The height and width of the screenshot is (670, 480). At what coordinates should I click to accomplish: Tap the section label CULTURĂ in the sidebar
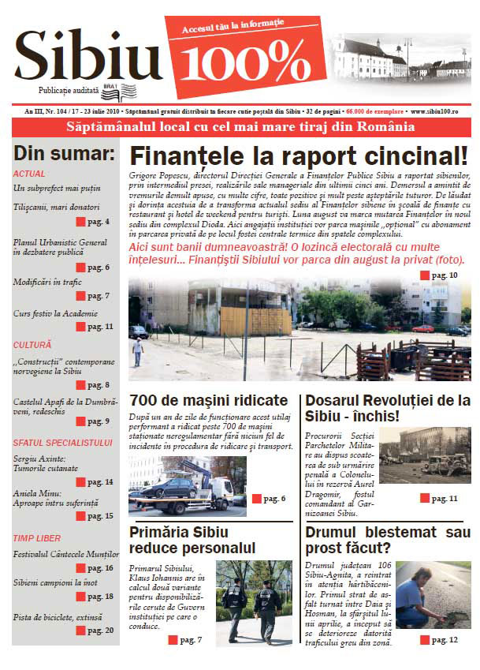[x=32, y=345]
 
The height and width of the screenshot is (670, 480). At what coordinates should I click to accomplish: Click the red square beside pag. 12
[x=424, y=639]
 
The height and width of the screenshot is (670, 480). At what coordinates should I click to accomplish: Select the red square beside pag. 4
[x=80, y=222]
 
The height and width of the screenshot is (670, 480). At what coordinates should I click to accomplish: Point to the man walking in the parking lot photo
[x=138, y=350]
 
